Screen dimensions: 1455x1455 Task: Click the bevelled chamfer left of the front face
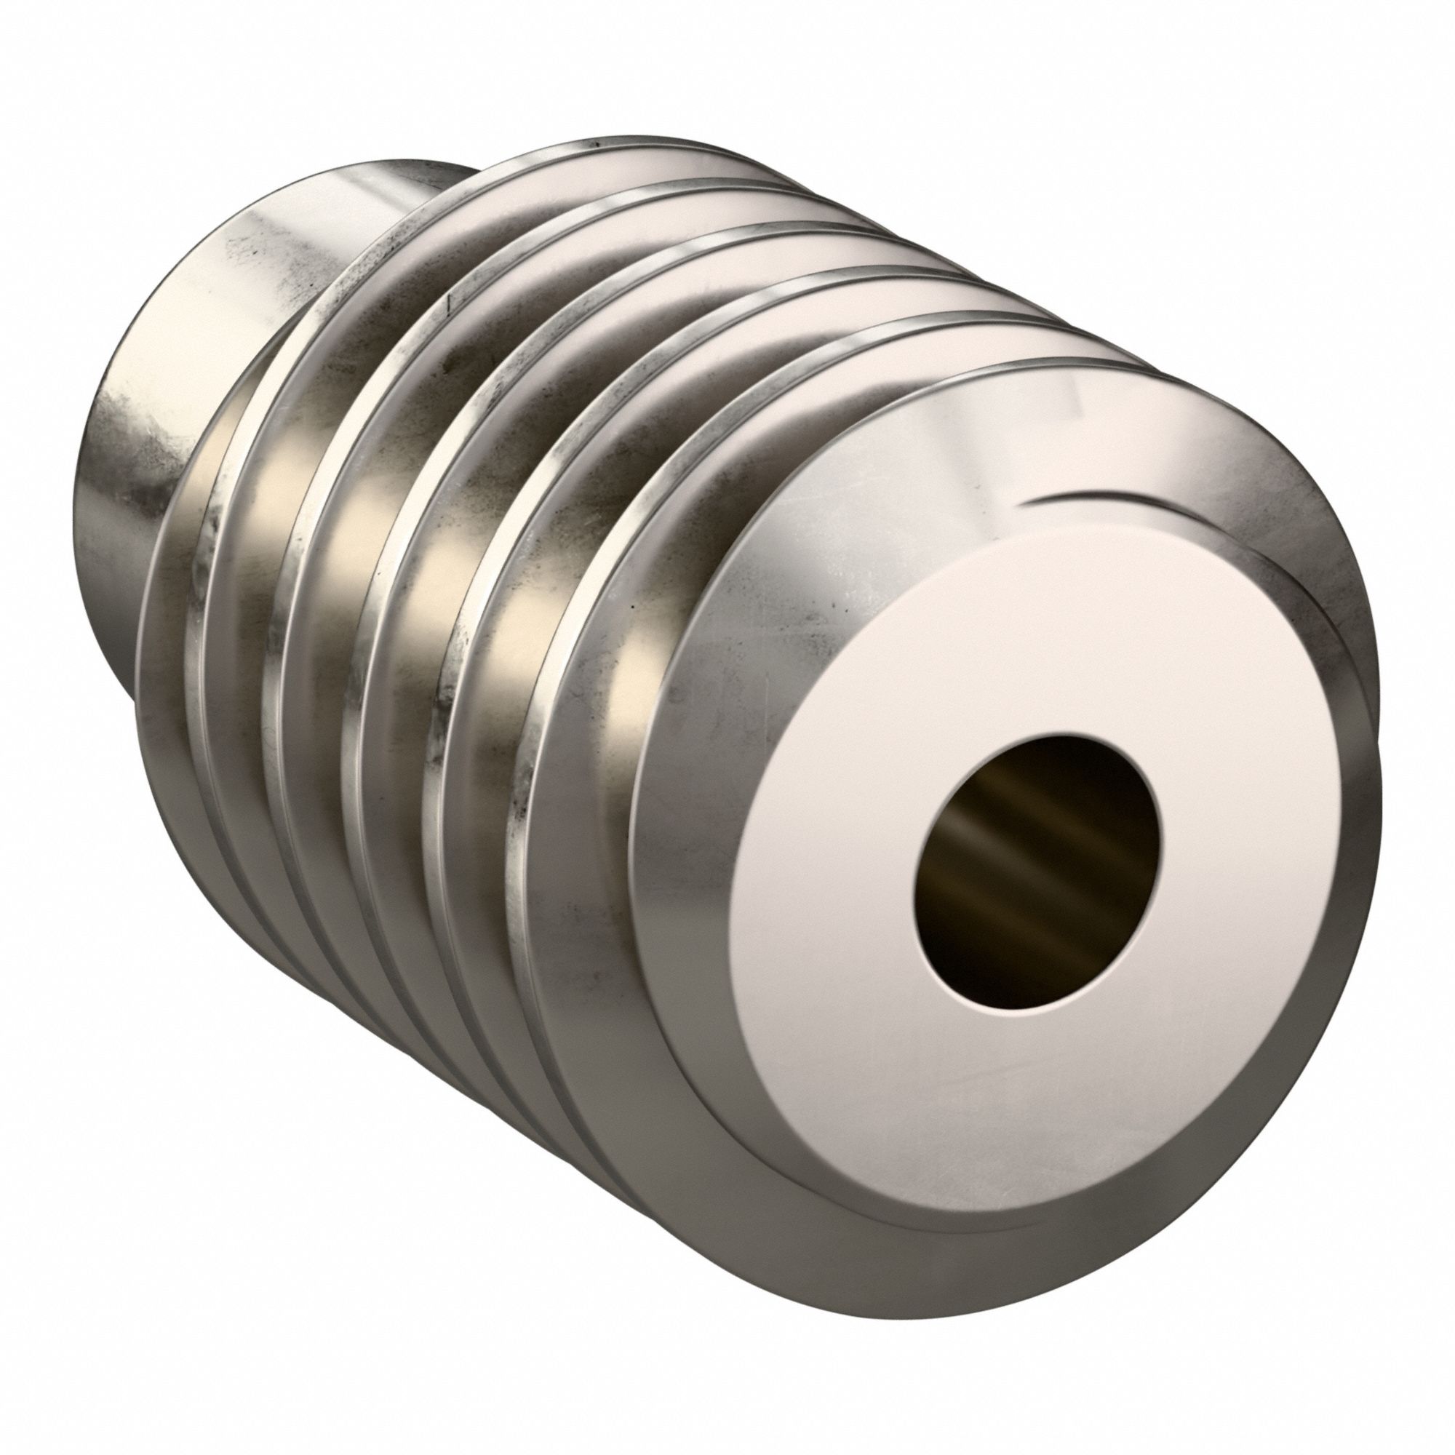click(678, 753)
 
